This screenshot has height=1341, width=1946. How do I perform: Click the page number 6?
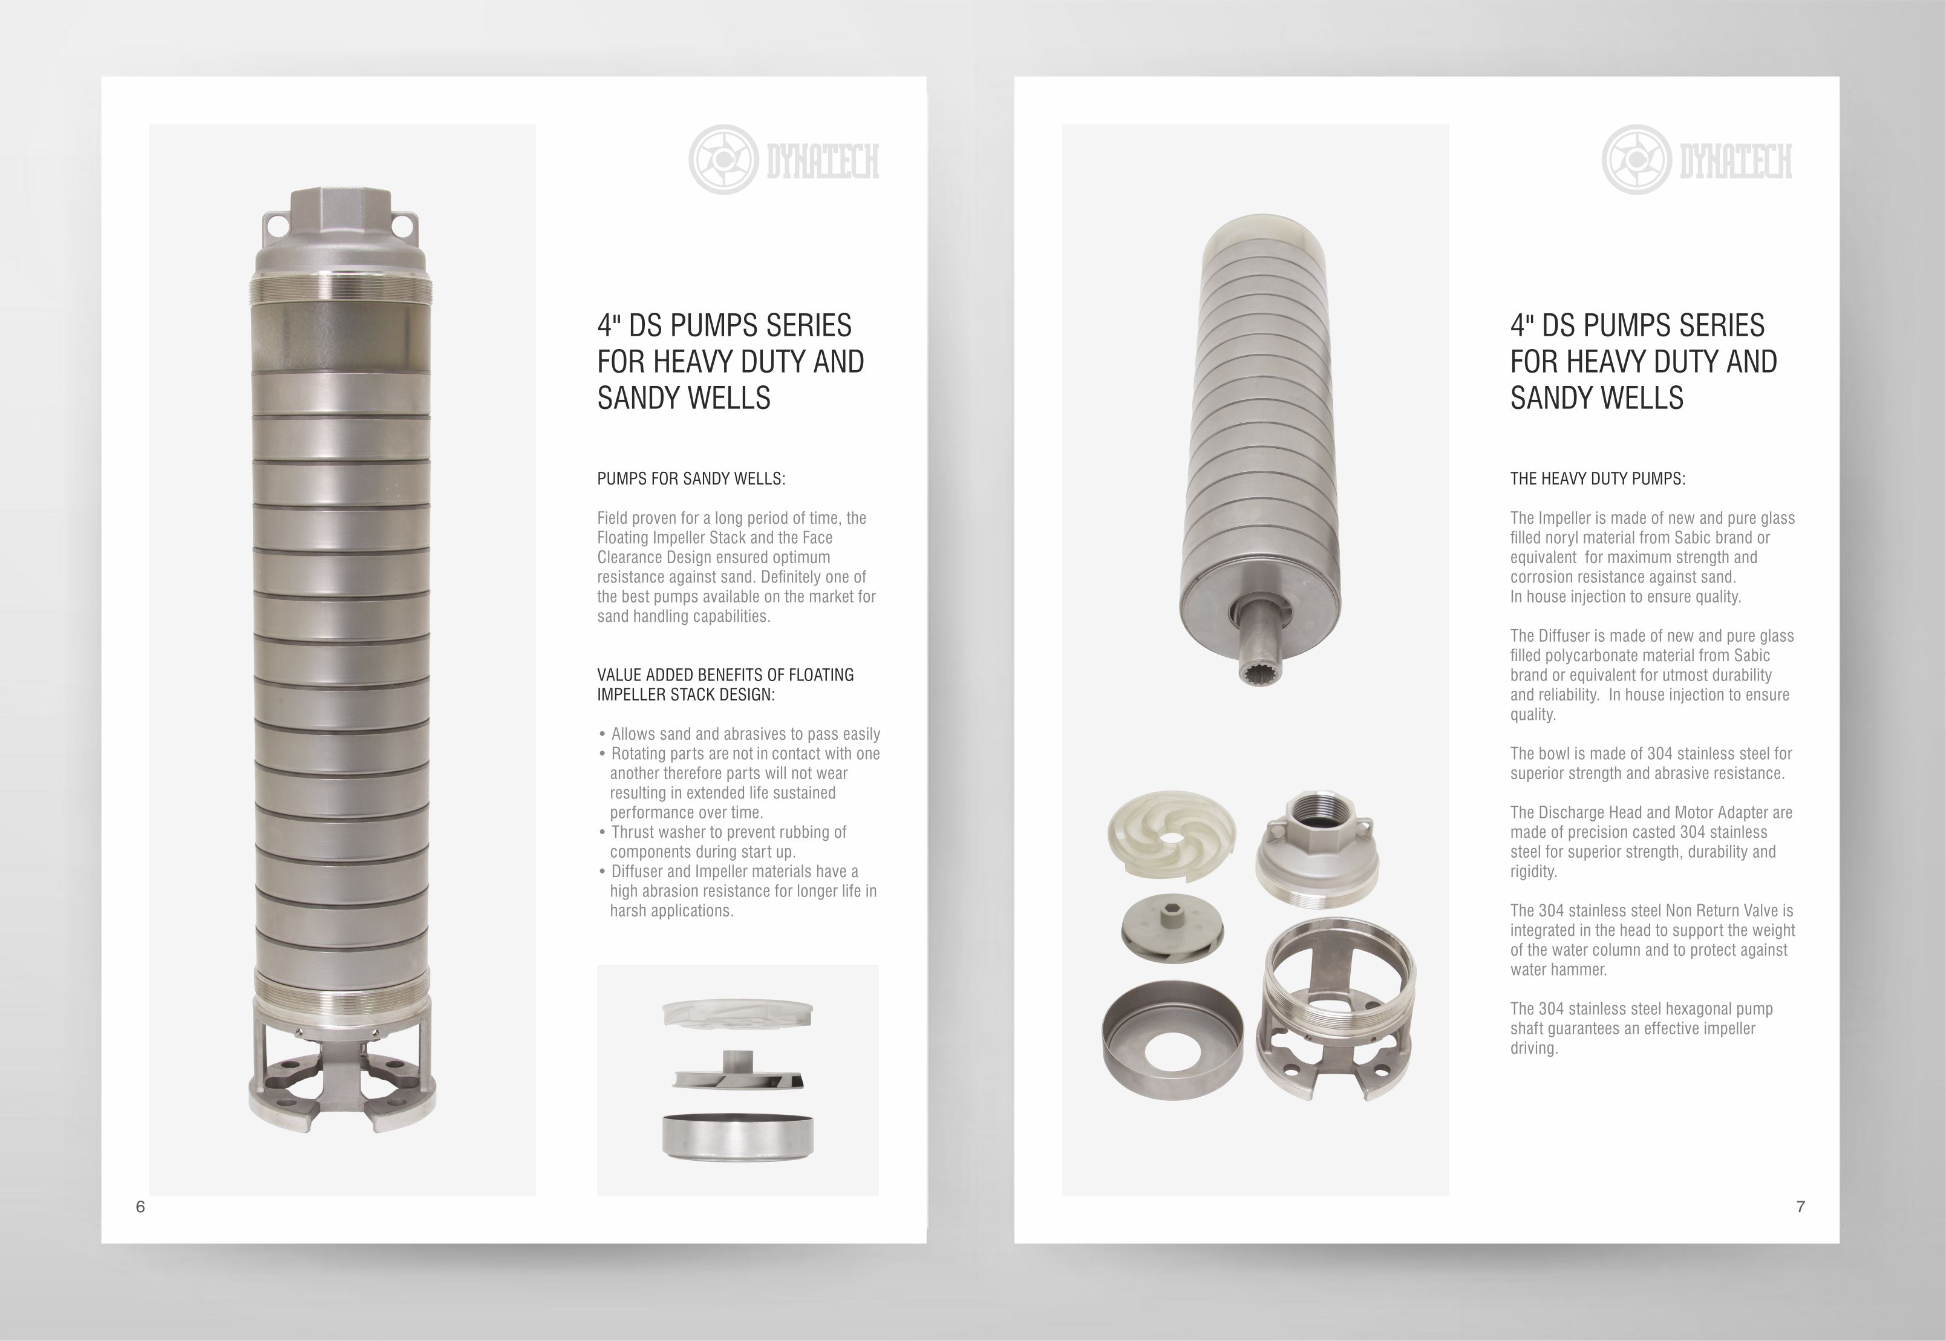point(140,1207)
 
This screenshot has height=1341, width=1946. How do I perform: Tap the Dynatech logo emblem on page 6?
point(723,160)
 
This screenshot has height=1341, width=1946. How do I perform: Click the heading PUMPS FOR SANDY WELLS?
point(691,479)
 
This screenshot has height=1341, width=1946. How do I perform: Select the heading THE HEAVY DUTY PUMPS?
point(1598,479)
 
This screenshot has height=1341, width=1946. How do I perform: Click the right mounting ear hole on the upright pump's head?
point(403,225)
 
